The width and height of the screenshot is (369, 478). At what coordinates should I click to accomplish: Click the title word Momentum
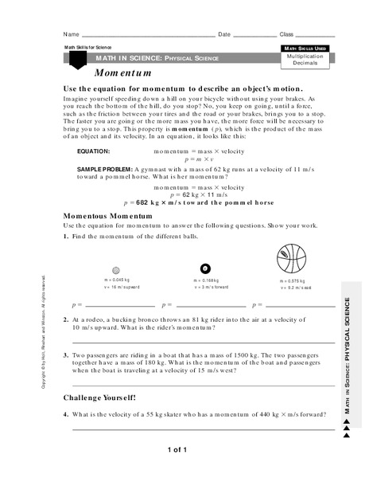pos(107,72)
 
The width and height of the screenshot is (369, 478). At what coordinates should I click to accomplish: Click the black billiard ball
pos(204,268)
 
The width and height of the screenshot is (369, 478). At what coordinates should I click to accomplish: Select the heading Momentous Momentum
pos(107,216)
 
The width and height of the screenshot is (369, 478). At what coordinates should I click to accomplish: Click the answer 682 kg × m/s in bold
pos(187,202)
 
